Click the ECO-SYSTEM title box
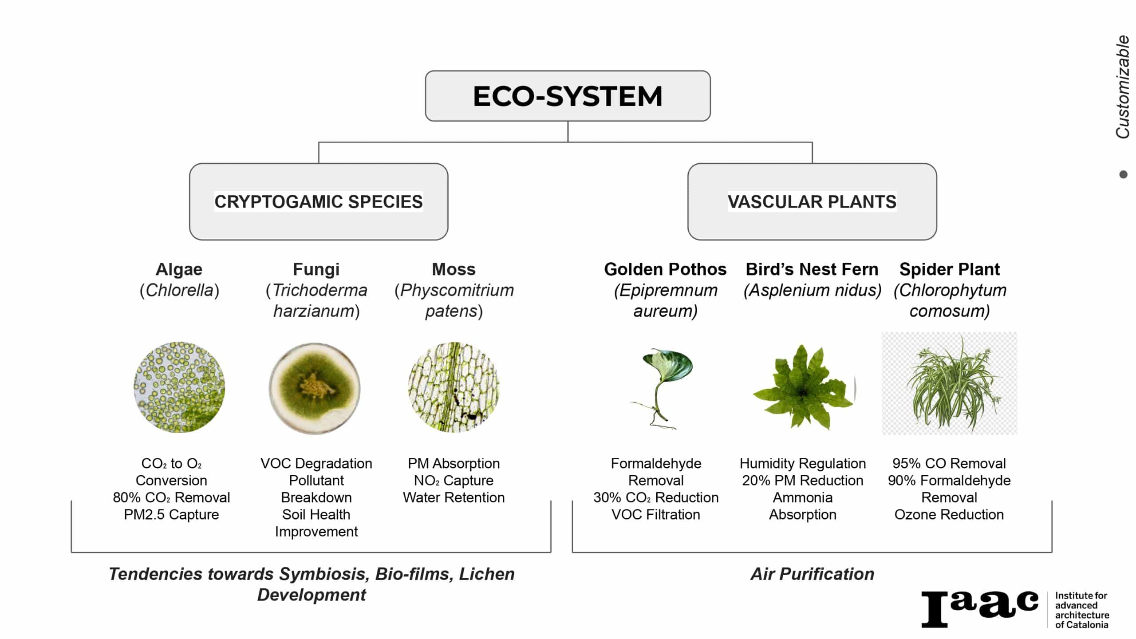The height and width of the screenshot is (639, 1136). click(x=568, y=96)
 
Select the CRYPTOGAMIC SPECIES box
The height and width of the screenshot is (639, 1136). click(x=319, y=201)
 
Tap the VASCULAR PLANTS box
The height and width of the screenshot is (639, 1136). click(x=812, y=201)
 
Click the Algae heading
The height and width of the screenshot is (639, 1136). click(x=179, y=269)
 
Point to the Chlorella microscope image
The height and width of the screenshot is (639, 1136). click(x=179, y=387)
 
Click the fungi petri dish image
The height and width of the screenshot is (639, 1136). click(x=315, y=388)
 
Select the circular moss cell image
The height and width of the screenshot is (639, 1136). click(x=454, y=387)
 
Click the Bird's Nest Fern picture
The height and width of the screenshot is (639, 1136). click(x=804, y=387)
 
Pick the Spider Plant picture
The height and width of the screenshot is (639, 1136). click(x=950, y=383)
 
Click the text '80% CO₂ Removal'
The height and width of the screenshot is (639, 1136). click(x=171, y=497)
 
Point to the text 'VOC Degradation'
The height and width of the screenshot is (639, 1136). click(x=316, y=463)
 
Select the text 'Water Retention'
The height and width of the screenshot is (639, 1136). click(x=454, y=497)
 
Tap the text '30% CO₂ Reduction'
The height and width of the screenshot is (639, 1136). click(x=656, y=497)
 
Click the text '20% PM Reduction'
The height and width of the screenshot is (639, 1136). click(x=803, y=480)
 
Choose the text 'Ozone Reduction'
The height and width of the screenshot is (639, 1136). click(x=949, y=514)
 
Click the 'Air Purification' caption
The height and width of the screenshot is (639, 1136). click(x=812, y=574)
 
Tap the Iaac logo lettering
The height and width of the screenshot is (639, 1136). click(x=980, y=609)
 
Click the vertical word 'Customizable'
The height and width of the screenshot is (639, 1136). click(x=1122, y=87)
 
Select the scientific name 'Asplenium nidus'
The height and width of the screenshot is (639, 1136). click(x=812, y=290)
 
